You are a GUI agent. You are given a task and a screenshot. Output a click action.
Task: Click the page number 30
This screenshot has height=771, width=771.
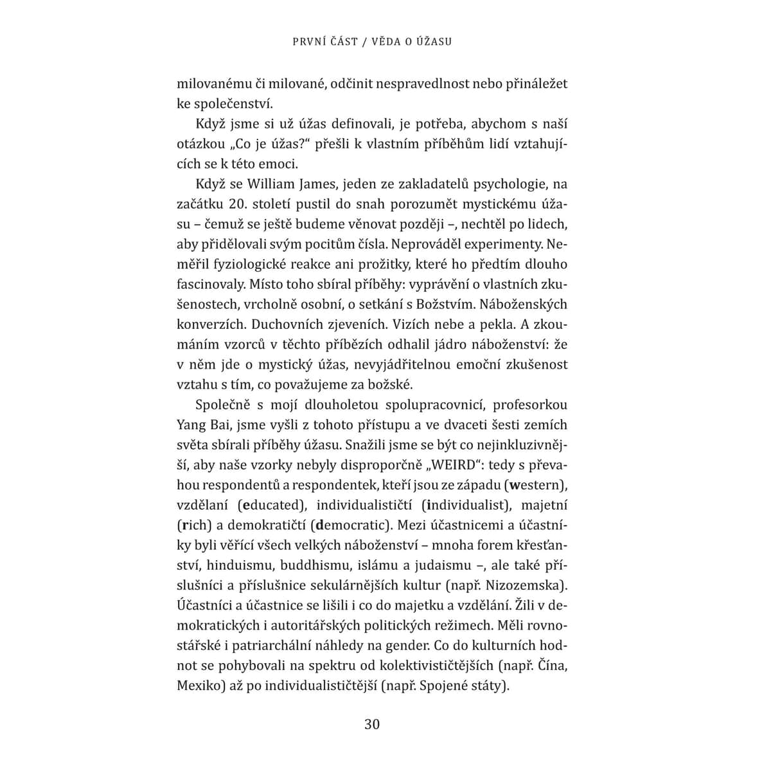[372, 724]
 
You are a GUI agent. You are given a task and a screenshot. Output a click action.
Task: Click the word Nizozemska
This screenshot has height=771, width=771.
[533, 585]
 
